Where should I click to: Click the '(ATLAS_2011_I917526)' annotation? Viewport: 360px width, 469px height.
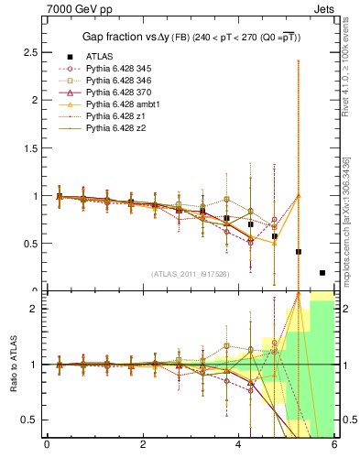(190, 273)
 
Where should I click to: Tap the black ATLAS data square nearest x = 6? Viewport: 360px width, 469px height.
(322, 273)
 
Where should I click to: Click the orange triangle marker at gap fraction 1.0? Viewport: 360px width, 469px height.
(298, 195)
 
